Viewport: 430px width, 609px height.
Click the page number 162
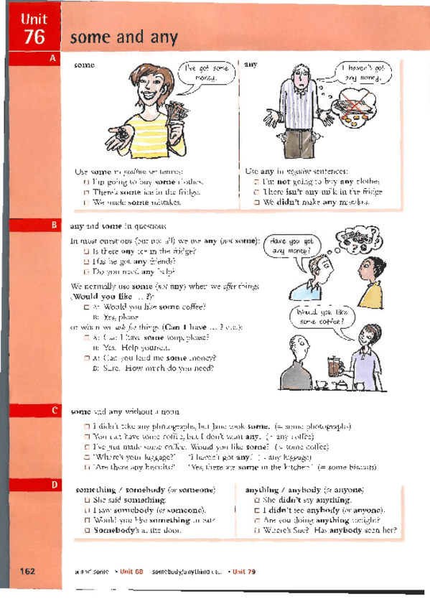[29, 571]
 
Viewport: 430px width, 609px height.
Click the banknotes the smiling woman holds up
[174, 118]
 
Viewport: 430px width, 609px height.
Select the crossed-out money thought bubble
[360, 108]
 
